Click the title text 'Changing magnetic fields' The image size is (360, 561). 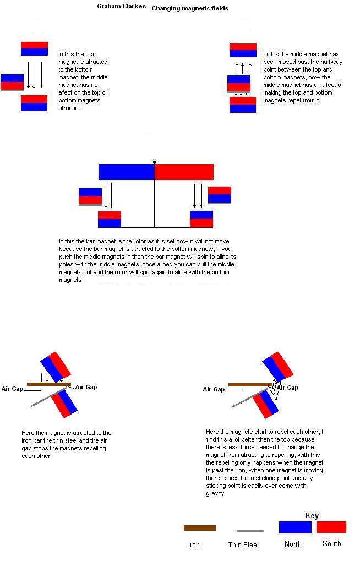point(189,8)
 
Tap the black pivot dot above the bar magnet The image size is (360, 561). point(154,162)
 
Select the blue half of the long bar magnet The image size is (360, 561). point(126,172)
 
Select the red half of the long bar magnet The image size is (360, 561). point(184,172)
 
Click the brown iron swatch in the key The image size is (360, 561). point(199,528)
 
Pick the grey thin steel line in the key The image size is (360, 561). point(250,531)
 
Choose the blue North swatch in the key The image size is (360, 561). point(295,527)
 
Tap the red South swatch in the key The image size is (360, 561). point(331,527)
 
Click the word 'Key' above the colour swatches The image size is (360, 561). point(312,515)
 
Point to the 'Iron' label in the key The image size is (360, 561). point(194,544)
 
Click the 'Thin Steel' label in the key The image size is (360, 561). point(243,544)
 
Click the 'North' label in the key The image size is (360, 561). point(293,544)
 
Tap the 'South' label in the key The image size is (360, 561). point(332,543)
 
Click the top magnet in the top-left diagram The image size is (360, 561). point(34,48)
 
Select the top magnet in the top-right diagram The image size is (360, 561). point(243,50)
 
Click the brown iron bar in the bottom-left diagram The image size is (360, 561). point(48,384)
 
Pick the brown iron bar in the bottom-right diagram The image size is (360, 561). point(250,385)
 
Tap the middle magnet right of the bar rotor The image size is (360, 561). point(220,195)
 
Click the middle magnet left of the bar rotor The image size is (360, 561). point(90,197)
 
